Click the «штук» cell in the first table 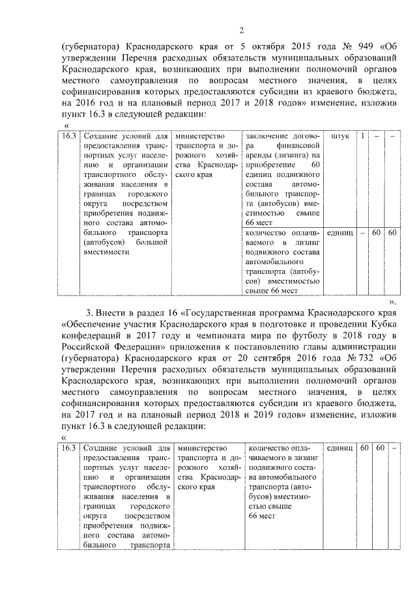tap(339, 137)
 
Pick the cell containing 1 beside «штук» tap(363, 137)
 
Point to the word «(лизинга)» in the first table tap(288, 156)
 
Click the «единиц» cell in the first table tap(339, 232)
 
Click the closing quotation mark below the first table tap(394, 302)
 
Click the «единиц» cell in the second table tap(339, 448)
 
